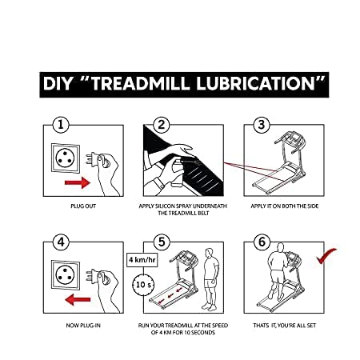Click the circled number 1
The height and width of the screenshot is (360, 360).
[61, 125]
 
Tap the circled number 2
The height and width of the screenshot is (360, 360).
[162, 125]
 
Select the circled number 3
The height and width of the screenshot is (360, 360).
[262, 125]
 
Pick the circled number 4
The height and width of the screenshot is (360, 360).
[61, 242]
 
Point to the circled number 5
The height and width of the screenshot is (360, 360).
[162, 242]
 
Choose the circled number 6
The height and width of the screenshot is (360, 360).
[262, 242]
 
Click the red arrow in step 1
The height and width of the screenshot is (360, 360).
[78, 182]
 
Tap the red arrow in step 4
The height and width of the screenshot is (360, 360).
[78, 299]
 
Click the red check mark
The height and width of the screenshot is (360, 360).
[326, 256]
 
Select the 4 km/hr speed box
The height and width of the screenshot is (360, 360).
[142, 260]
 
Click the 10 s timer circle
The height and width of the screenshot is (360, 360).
[143, 285]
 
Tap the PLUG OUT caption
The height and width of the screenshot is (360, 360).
[83, 206]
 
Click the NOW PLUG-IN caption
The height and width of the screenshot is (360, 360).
[83, 326]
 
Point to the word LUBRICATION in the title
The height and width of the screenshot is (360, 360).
[256, 84]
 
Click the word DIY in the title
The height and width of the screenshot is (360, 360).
[58, 84]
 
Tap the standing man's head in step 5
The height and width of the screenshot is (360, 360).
[210, 252]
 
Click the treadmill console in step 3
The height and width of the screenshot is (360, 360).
[294, 138]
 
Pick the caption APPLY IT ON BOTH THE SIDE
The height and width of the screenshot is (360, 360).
[285, 206]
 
